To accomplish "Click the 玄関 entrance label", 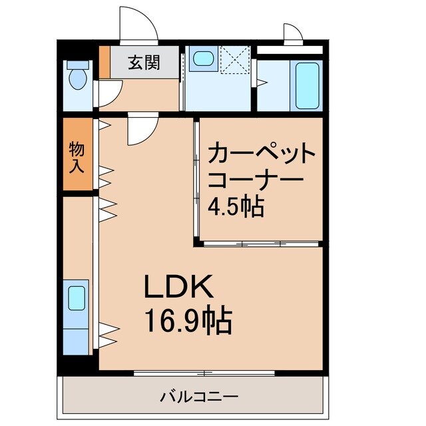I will coord(143,63).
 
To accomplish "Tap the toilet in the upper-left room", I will coord(79,75).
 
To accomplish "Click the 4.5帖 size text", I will coord(236,207).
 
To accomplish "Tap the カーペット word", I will coord(262,155).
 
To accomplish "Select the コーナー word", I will coord(256,181).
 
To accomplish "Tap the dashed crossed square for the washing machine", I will coord(234,61).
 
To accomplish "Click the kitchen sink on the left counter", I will coord(77,298).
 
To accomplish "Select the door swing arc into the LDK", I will coord(142,130).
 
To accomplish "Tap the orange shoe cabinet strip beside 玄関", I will coord(104,62).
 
